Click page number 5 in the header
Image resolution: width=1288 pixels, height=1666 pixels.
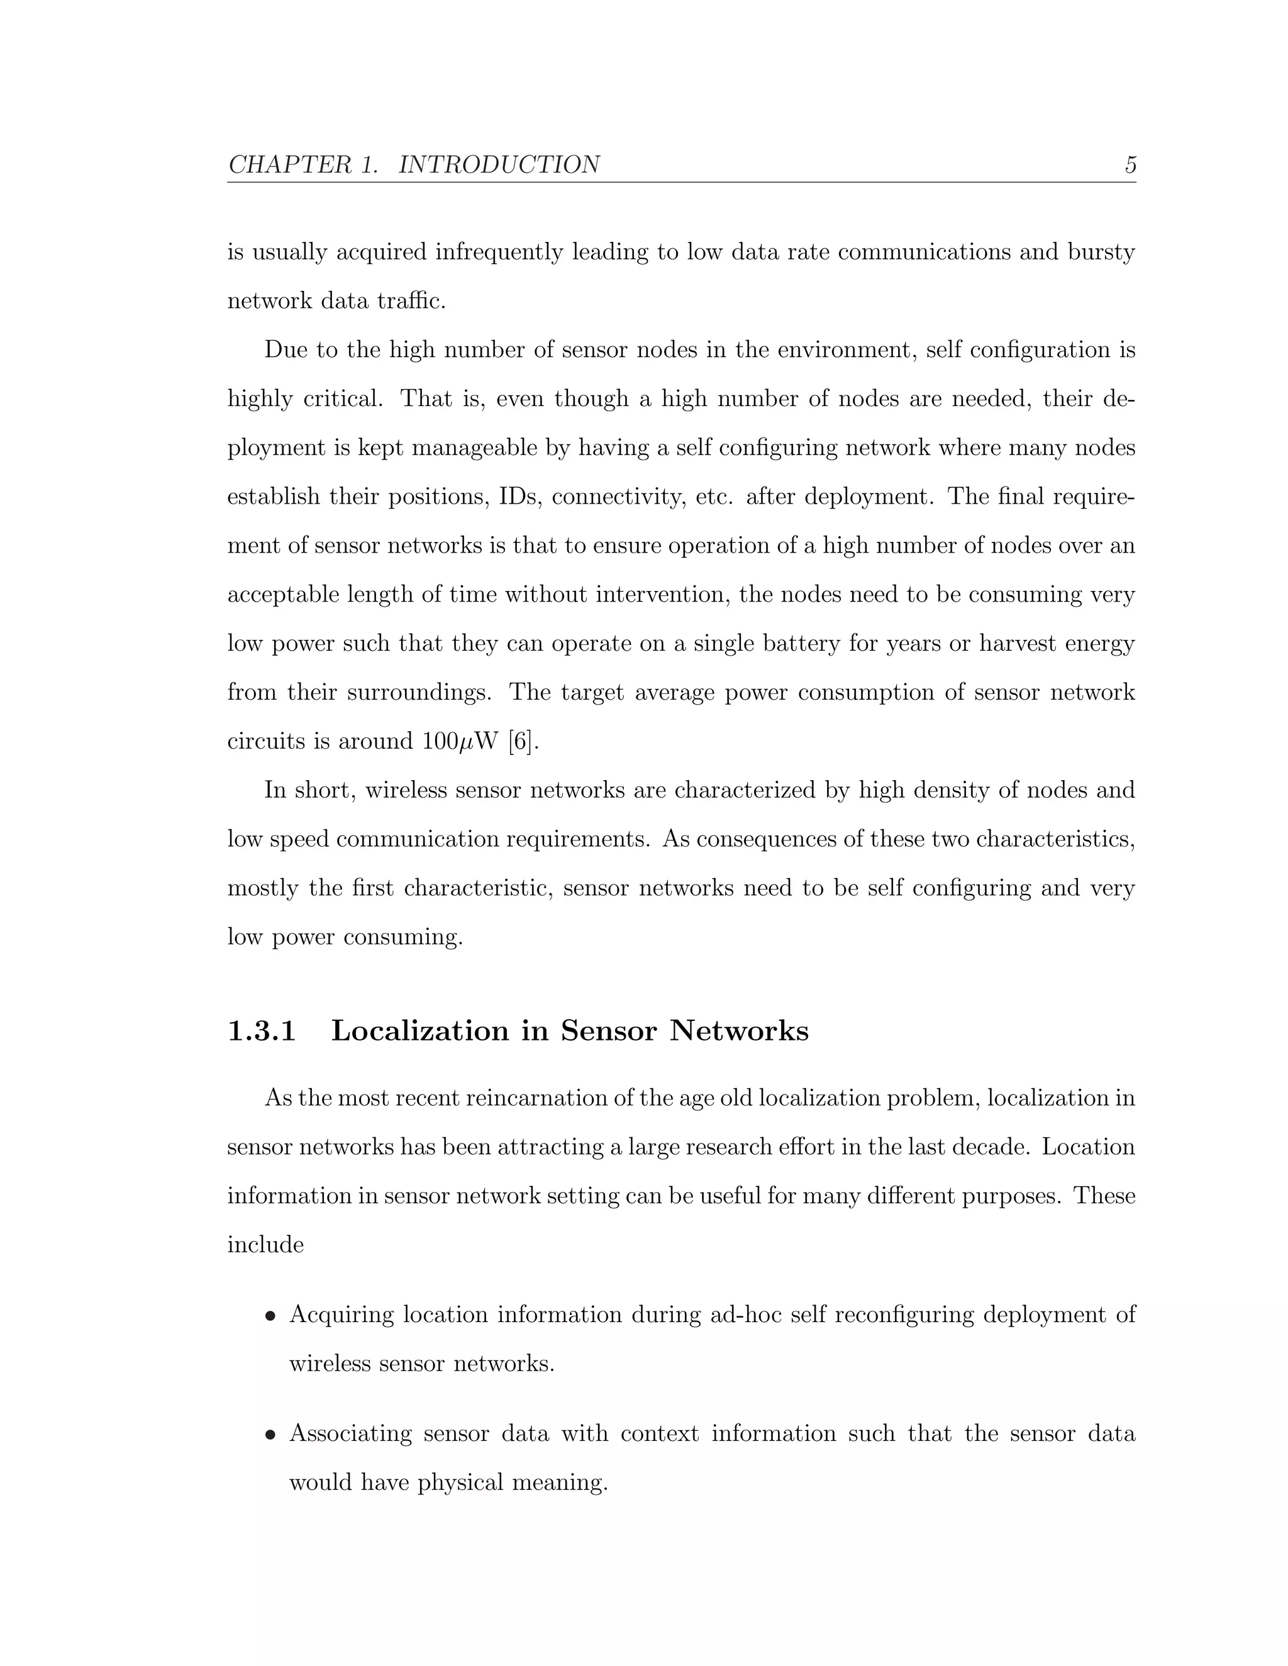(1130, 165)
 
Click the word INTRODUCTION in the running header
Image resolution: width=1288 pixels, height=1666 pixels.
(499, 165)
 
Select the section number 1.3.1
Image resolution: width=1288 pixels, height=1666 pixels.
(262, 1030)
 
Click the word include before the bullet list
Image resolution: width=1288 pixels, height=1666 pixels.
(265, 1245)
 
